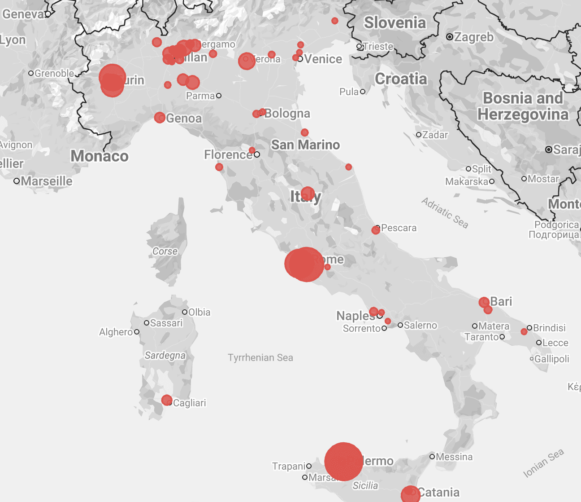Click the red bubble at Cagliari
(x=167, y=400)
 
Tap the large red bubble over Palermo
(x=343, y=462)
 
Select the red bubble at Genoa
(x=160, y=118)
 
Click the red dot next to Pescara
(x=376, y=230)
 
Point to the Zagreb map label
(x=474, y=37)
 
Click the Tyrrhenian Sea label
(x=260, y=358)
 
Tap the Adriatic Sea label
(x=445, y=213)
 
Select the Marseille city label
(x=47, y=181)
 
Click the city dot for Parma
(x=219, y=96)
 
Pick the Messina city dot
(x=432, y=457)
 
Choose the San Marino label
(x=306, y=145)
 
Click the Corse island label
(x=165, y=251)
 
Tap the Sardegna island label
(x=165, y=356)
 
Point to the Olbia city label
(x=199, y=312)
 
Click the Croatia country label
(x=401, y=79)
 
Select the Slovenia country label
(x=395, y=22)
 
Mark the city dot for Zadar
(x=419, y=135)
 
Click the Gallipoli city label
(x=552, y=359)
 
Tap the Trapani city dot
(x=309, y=466)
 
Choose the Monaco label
(x=100, y=156)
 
